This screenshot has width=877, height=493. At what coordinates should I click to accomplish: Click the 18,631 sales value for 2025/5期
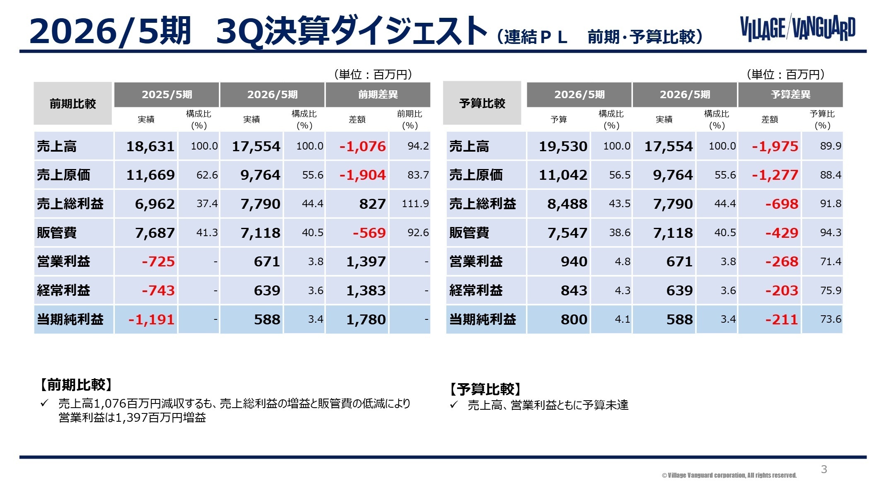[150, 146]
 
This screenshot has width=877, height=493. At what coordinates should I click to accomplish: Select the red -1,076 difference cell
[362, 146]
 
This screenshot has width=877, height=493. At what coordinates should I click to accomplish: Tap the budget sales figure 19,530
[563, 146]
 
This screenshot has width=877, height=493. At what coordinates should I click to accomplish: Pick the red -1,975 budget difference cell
[775, 146]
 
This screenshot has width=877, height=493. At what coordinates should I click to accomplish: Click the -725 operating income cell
[158, 261]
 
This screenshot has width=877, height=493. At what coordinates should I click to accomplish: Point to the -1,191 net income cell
[151, 319]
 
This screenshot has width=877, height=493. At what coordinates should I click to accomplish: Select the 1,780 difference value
[366, 319]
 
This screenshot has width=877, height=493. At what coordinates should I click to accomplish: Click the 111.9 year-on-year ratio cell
[415, 204]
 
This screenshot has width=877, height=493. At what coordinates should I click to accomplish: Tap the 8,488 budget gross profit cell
[567, 204]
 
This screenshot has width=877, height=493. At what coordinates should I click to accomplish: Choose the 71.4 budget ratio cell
[830, 261]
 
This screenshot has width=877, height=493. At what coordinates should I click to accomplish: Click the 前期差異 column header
[378, 94]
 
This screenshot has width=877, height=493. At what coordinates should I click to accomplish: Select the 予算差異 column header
[790, 94]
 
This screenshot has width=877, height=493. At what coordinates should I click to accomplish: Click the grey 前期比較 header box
[73, 104]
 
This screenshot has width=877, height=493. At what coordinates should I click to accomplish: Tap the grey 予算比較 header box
[482, 104]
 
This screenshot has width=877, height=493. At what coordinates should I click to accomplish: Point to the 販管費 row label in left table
[57, 233]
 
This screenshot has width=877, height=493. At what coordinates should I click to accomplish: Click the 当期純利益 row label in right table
[482, 319]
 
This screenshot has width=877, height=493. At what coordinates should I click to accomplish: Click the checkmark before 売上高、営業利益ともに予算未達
[453, 405]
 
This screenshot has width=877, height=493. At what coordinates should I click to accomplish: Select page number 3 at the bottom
[824, 469]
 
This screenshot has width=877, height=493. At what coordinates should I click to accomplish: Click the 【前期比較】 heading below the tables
[76, 385]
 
